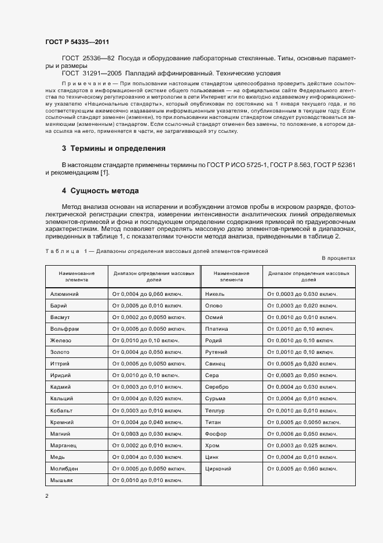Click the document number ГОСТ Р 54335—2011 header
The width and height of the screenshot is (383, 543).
click(76, 42)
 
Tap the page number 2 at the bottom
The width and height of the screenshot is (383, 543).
click(47, 495)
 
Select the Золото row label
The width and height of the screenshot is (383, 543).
click(60, 352)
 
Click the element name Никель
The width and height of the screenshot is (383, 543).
click(215, 294)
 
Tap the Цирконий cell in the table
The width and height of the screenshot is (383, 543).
click(218, 468)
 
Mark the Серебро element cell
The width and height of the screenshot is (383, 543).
click(217, 387)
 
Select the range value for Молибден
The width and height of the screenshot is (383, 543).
click(149, 468)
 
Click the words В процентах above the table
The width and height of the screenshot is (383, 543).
click(338, 258)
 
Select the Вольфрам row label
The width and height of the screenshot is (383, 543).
click(64, 329)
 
